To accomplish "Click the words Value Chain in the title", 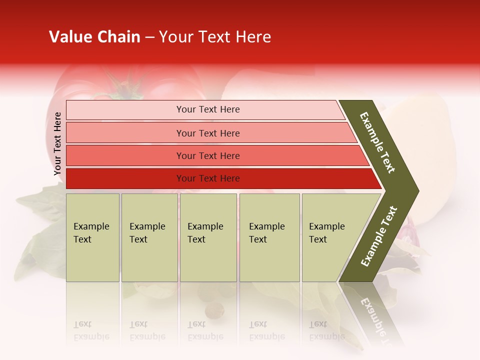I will tap(94, 37).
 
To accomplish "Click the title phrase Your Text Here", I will tap(215, 37).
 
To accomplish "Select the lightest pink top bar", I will tap(125, 110).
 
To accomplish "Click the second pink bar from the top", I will tap(125, 133).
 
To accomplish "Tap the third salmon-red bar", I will tap(125, 155).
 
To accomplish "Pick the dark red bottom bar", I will tap(125, 178).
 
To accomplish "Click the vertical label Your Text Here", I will tap(57, 143).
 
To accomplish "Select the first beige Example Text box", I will tap(92, 237).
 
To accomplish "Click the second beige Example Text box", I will tap(149, 237).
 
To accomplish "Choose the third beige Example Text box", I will tap(208, 237).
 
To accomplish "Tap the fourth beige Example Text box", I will tap(269, 237).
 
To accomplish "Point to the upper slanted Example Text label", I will tap(377, 142).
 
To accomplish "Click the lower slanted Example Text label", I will tap(379, 236).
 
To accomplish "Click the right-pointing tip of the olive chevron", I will tap(415, 190).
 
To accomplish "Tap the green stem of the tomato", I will tap(122, 90).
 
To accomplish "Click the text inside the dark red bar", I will tap(208, 178).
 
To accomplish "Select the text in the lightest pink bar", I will tap(208, 109).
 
